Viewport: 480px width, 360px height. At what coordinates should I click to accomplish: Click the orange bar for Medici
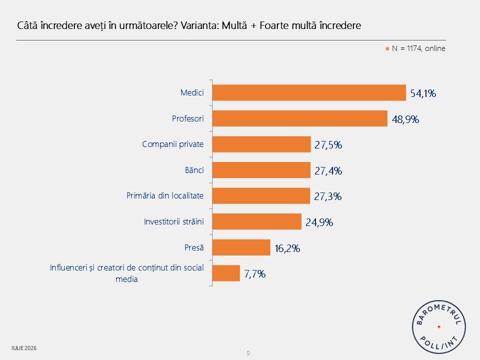point(309,93)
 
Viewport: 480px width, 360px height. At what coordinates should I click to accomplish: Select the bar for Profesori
point(300,118)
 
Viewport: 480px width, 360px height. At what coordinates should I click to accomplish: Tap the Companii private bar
point(261,144)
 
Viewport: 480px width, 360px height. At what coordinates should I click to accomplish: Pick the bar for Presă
point(241,247)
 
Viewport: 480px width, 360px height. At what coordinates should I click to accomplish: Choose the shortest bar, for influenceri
point(226,273)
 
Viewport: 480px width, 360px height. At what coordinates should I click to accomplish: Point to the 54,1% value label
point(423,93)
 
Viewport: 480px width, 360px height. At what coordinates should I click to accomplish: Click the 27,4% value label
point(328,171)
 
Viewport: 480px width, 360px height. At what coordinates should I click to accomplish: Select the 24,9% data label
point(319,222)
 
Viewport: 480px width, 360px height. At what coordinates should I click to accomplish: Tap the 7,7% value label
point(254,274)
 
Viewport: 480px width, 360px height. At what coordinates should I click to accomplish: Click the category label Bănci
point(194,170)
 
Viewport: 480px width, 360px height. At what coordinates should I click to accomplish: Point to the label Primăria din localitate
point(165,195)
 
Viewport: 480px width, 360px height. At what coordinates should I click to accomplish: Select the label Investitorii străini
point(174,221)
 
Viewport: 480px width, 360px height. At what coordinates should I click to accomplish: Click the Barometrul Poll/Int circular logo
point(439,327)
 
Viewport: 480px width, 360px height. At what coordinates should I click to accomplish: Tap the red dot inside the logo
point(439,327)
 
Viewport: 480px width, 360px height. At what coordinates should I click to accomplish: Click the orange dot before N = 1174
point(387,48)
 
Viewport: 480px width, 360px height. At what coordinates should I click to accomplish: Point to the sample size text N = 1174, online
point(418,48)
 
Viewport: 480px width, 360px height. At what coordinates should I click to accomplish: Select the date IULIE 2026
point(24,348)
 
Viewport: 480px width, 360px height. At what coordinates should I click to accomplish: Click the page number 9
point(248,353)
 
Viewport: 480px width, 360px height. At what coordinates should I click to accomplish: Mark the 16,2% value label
point(287,248)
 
